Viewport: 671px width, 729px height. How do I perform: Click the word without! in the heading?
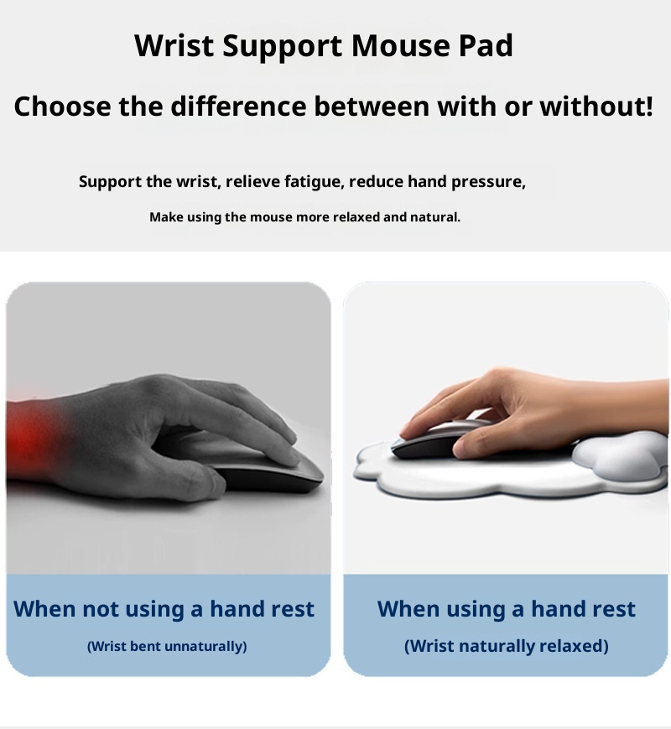click(x=596, y=107)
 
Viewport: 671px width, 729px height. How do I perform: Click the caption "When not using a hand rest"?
click(x=164, y=609)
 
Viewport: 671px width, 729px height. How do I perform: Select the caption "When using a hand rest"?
click(x=507, y=609)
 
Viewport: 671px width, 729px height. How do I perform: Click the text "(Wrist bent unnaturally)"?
click(x=167, y=646)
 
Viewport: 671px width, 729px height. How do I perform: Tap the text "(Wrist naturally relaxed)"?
click(x=507, y=646)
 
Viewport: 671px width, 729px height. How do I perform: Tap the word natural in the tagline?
click(x=434, y=217)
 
